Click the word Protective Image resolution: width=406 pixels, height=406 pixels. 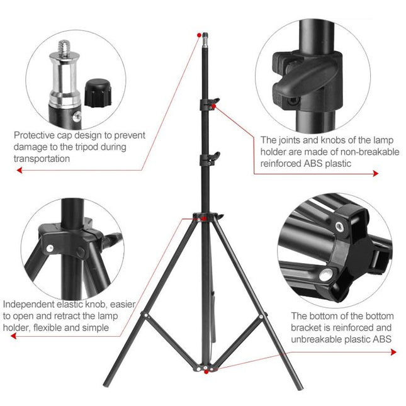coord(35,135)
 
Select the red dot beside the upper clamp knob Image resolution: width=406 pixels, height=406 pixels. coord(215,108)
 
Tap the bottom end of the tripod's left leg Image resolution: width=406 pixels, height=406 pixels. coord(106,383)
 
